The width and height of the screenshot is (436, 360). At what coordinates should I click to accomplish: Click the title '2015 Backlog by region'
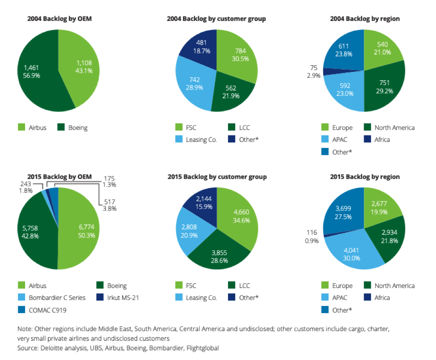(365, 177)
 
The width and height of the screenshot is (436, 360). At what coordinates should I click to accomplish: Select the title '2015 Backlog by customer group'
(217, 177)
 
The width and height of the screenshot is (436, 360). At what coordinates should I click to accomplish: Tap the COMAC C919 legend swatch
(21, 310)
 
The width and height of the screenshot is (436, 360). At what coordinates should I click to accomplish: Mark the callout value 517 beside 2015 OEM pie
(109, 202)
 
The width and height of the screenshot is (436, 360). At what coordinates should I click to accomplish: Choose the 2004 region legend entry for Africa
(382, 140)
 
